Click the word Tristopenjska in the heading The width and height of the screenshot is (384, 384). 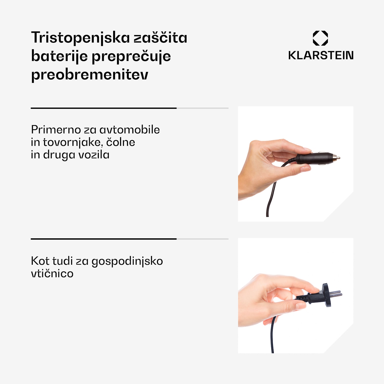80,38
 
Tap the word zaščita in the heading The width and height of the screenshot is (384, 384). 161,38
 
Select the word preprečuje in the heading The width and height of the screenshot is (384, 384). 131,57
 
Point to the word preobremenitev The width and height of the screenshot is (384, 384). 90,75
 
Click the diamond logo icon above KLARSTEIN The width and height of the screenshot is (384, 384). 320,38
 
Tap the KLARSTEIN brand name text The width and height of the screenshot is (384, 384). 321,55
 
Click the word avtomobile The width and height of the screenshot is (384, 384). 130,130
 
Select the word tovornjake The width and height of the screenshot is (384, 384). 73,142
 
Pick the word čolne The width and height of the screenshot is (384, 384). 121,142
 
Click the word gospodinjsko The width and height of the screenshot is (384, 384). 127,261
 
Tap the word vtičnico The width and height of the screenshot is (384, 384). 52,273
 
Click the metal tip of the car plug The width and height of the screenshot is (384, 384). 338,158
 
